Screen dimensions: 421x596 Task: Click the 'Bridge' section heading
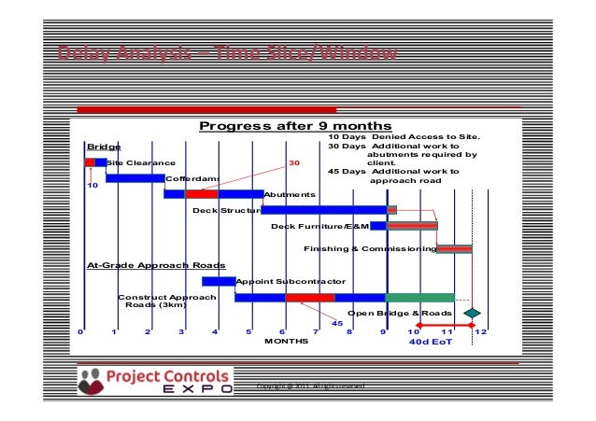tap(104, 147)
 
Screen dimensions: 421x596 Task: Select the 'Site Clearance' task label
tap(140, 163)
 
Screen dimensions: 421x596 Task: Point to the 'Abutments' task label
tap(290, 194)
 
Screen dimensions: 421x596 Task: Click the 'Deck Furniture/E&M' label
tap(320, 226)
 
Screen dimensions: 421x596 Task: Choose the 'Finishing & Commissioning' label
tap(370, 249)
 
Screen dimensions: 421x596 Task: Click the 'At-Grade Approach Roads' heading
tap(149, 265)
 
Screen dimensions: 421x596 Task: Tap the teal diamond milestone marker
tap(473, 313)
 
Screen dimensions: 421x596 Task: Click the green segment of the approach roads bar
tap(419, 298)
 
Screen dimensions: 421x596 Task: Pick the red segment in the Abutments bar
tap(201, 194)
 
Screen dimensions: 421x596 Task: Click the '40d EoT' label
tap(431, 342)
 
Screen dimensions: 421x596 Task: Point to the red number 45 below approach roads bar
tap(337, 322)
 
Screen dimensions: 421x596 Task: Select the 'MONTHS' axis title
tap(286, 342)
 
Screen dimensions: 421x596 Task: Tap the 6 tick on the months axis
tap(282, 331)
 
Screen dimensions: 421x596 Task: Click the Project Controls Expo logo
tap(154, 381)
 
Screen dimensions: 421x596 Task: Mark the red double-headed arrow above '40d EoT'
tap(447, 326)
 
